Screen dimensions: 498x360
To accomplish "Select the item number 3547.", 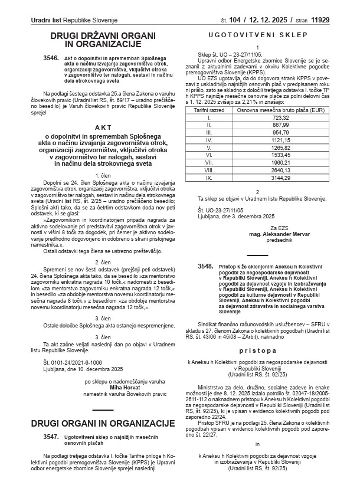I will tap(52, 437).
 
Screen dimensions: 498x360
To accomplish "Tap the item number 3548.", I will tap(205, 267).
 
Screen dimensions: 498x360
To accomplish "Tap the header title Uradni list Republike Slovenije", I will tap(74, 21).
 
